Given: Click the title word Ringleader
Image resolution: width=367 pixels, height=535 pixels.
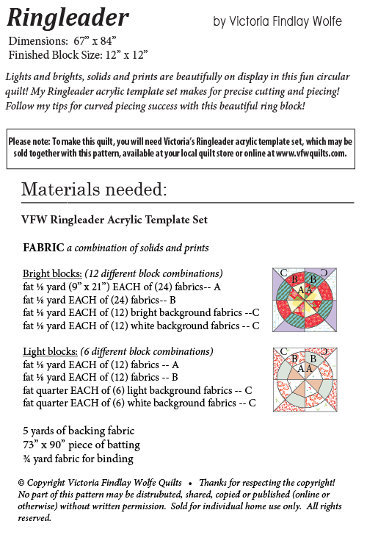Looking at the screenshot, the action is pos(68,17).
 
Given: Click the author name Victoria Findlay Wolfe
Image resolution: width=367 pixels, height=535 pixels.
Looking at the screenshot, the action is pos(277,22).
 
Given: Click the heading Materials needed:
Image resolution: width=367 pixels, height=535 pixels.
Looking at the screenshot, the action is pos(94,190).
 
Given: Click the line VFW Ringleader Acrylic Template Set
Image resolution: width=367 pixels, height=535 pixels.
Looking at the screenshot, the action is pos(115,220).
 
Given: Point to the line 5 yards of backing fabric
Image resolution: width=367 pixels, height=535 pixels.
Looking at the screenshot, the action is pos(79,431).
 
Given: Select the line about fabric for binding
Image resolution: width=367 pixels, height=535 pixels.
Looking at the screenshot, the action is pos(79,459).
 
